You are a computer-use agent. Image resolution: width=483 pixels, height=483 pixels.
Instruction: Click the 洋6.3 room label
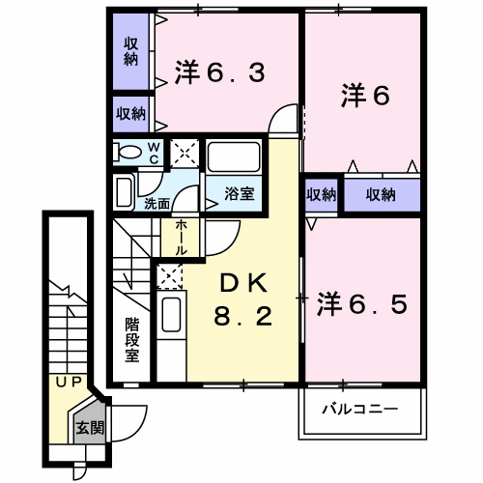click(219, 73)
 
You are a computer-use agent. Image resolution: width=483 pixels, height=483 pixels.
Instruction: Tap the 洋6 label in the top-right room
click(363, 96)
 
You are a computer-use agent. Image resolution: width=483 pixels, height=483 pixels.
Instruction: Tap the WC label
click(155, 152)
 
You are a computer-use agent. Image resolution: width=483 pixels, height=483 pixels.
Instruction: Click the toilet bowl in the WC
click(127, 153)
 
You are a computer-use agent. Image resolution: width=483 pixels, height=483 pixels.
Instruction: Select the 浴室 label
click(241, 193)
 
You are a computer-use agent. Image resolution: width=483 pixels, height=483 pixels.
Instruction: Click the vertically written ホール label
click(180, 236)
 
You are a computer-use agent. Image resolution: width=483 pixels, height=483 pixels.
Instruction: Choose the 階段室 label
click(131, 339)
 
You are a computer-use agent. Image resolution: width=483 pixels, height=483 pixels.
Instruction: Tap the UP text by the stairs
click(67, 383)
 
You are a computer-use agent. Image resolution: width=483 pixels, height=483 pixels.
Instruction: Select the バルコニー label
click(359, 410)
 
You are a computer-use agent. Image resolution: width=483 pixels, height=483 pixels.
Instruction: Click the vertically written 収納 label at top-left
click(130, 51)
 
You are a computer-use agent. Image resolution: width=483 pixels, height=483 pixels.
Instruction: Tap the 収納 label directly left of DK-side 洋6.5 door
click(321, 195)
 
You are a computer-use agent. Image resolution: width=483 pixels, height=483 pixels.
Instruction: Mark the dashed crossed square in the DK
click(170, 276)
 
